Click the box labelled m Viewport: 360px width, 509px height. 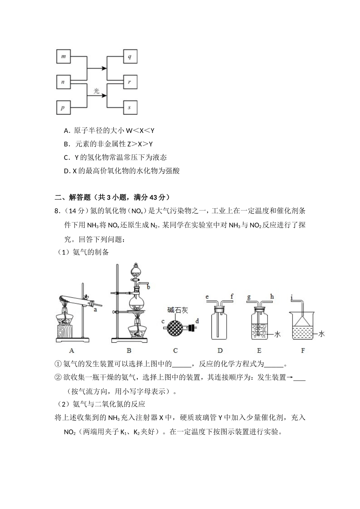pyautogui.click(x=64, y=57)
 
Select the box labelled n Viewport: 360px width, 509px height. pyautogui.click(x=63, y=82)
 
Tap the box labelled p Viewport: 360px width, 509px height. pyautogui.click(x=63, y=108)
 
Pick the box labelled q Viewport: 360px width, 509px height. pyautogui.click(x=130, y=57)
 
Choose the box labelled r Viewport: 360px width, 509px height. pyautogui.click(x=130, y=82)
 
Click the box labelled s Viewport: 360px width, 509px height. pyautogui.click(x=130, y=108)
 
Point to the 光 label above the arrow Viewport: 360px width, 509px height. pyautogui.click(x=96, y=91)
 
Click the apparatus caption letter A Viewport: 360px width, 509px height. pyautogui.click(x=72, y=350)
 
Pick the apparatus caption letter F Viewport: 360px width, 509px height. pyautogui.click(x=303, y=350)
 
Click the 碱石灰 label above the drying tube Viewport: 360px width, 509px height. pyautogui.click(x=178, y=310)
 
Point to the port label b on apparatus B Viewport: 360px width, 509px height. pyautogui.click(x=149, y=287)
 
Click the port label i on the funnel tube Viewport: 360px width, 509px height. pyautogui.click(x=292, y=298)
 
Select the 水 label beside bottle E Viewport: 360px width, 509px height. pyautogui.click(x=277, y=334)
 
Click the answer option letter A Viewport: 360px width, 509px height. pyautogui.click(x=66, y=131)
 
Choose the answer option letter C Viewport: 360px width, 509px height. pyautogui.click(x=66, y=158)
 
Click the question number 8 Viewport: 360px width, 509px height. pyautogui.click(x=57, y=211)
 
